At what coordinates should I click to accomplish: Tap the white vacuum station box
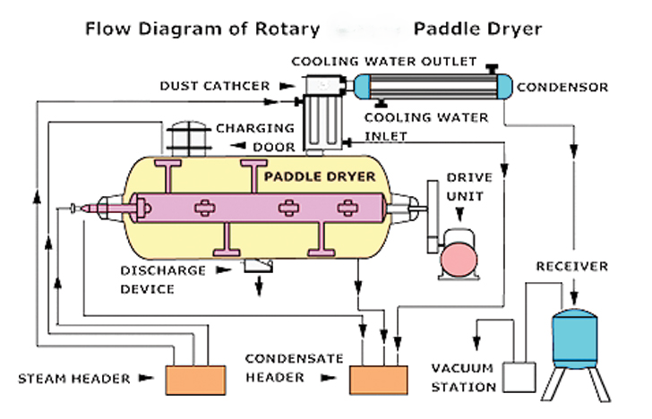pos(519,377)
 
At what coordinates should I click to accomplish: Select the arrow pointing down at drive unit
pos(459,214)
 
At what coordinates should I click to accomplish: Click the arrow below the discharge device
pos(261,285)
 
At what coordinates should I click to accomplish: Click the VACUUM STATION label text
pos(463,378)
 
